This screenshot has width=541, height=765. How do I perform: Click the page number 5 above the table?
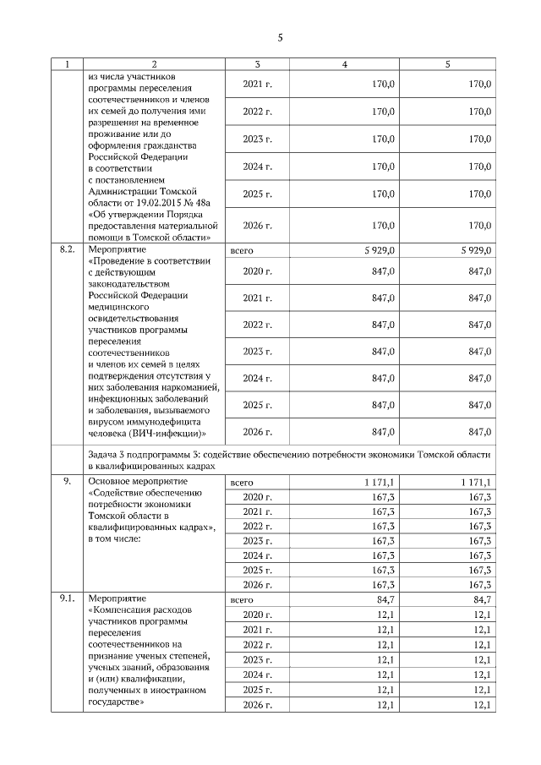[x=280, y=37]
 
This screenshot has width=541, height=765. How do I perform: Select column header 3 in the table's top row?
[x=258, y=64]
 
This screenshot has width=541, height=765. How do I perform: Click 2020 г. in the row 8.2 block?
[x=257, y=271]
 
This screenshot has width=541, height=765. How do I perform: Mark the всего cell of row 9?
[x=242, y=481]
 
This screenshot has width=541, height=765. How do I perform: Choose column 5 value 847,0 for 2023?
[x=479, y=351]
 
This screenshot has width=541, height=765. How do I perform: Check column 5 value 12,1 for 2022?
[x=482, y=644]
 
